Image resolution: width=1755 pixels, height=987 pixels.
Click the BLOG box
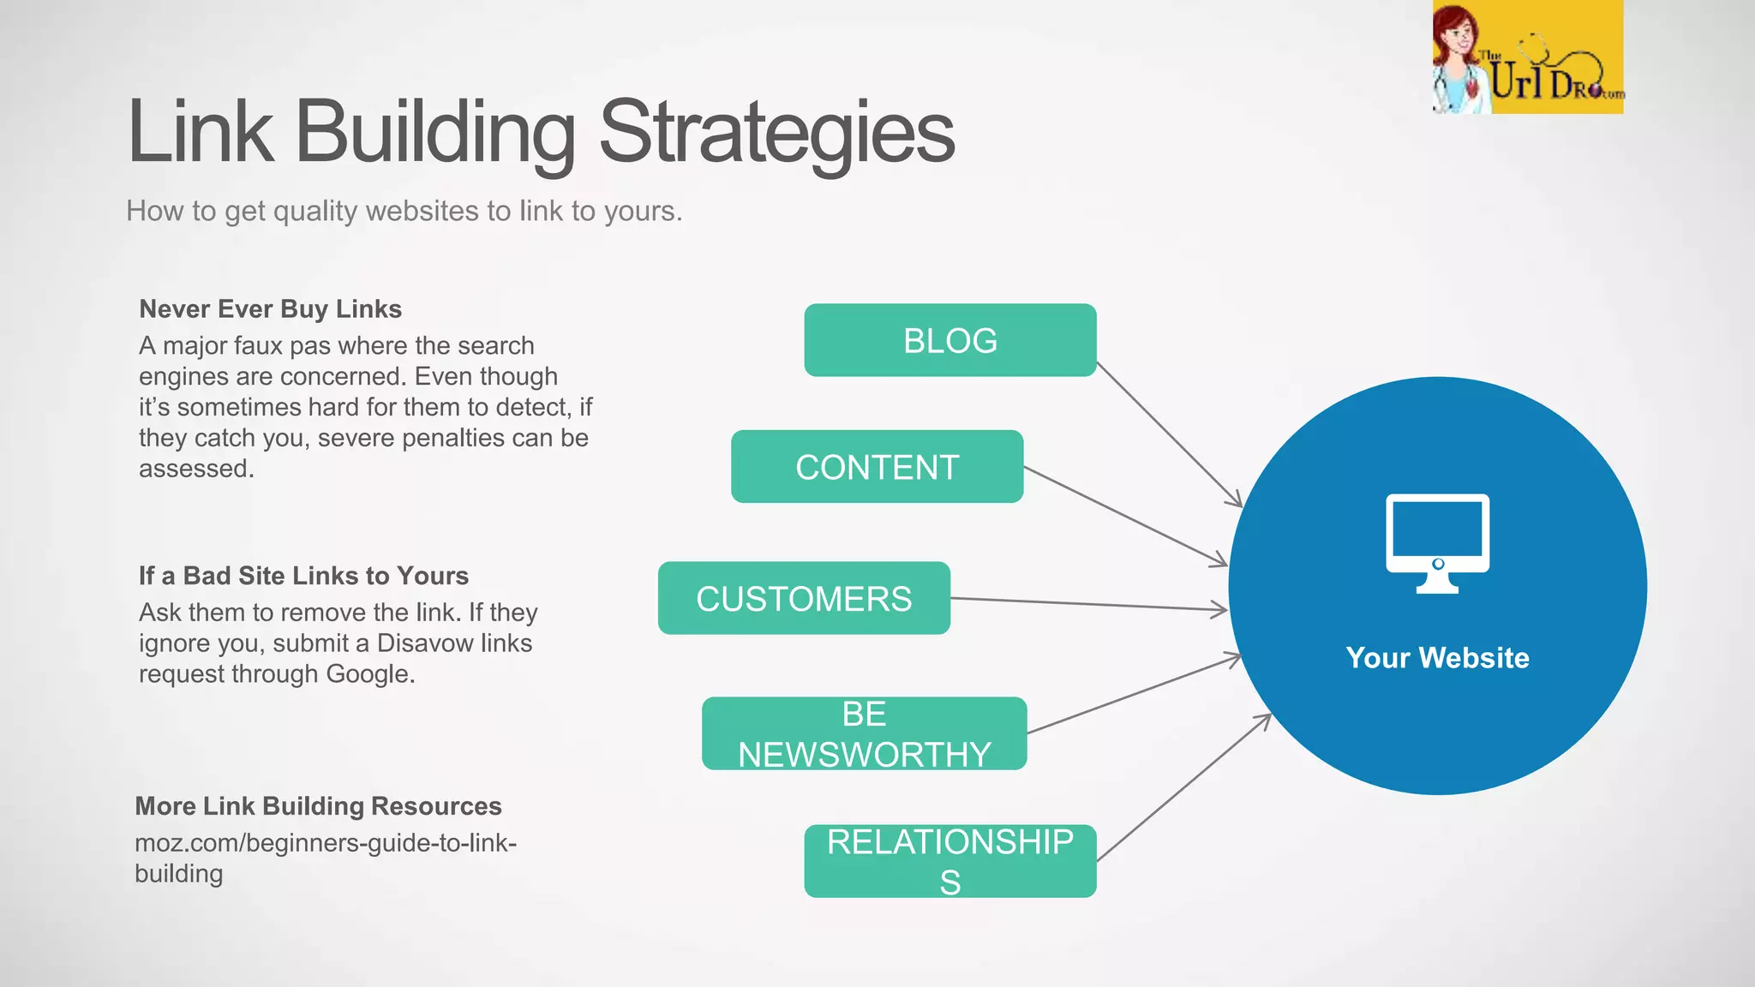(949, 340)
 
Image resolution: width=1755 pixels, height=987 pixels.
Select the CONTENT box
(877, 467)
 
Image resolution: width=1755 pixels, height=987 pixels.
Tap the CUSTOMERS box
(804, 598)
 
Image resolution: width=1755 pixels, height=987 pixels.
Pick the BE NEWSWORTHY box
(864, 733)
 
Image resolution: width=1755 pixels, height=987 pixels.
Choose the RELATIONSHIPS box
(949, 860)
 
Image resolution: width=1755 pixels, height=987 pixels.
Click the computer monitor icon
(1437, 542)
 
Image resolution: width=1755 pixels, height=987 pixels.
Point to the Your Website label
(1437, 657)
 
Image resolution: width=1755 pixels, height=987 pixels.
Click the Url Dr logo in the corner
(1527, 57)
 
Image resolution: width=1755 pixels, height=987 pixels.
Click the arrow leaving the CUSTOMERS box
(1088, 604)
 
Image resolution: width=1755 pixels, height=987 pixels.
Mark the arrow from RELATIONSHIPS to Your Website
(1183, 787)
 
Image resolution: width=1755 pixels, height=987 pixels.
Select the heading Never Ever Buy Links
(270, 308)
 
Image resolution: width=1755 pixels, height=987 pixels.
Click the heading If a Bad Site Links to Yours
(303, 575)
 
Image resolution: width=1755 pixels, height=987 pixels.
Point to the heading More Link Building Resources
(318, 805)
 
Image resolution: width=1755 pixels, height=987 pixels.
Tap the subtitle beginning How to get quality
(404, 211)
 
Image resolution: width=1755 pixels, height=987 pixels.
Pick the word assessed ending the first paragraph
(195, 468)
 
